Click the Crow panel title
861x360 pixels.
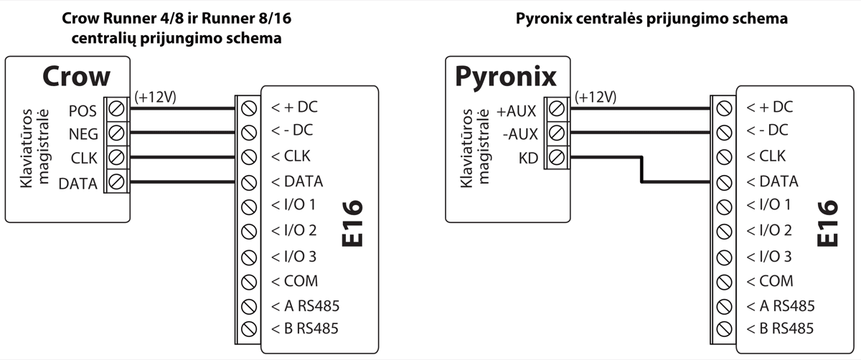[76, 77]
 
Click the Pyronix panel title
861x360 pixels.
[507, 77]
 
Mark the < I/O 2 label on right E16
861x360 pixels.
[769, 231]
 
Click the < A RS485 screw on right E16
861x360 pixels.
[724, 305]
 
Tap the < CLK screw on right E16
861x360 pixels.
[724, 157]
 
